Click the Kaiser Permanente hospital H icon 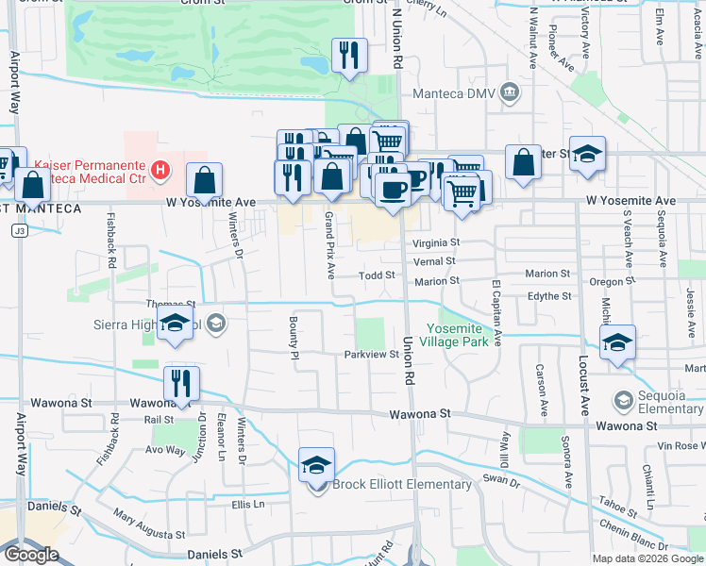[161, 171]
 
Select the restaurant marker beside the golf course [349, 56]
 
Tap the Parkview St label [372, 355]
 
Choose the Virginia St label [435, 242]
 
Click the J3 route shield [18, 230]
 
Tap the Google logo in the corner [30, 554]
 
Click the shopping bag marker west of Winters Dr [204, 181]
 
